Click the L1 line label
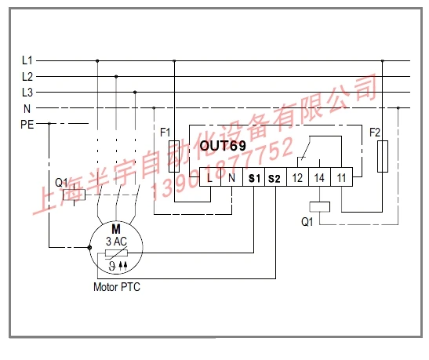click(x=27, y=60)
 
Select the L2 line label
click(x=27, y=77)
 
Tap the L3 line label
click(x=27, y=93)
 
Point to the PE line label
click(x=27, y=125)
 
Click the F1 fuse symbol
click(x=174, y=157)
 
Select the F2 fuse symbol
click(x=383, y=157)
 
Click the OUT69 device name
click(x=223, y=146)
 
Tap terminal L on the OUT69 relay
click(x=210, y=177)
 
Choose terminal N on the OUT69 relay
click(x=231, y=177)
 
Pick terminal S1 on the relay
click(x=253, y=177)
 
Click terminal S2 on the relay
click(x=275, y=177)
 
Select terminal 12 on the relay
click(x=298, y=177)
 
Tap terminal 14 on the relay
click(x=319, y=177)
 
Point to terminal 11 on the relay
click(x=341, y=177)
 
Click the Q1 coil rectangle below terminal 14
click(x=319, y=207)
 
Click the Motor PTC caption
click(x=117, y=287)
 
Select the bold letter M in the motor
click(x=116, y=229)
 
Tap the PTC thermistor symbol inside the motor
click(x=116, y=253)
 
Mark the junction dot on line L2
click(x=116, y=77)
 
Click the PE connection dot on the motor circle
click(x=89, y=248)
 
